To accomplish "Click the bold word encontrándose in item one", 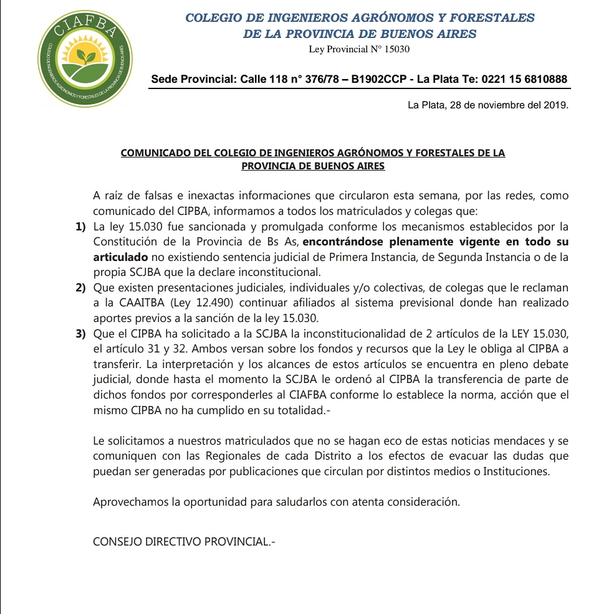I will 341,241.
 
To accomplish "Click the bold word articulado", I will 120,257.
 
